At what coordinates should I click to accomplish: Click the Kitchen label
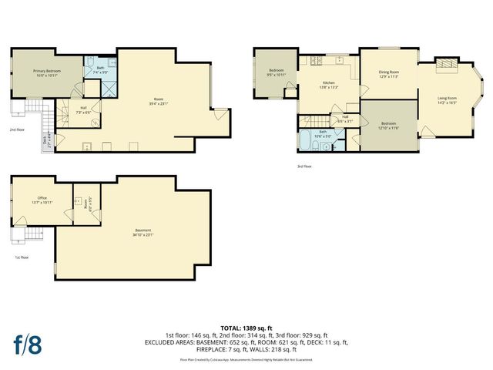point(328,84)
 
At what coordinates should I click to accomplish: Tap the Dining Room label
point(387,74)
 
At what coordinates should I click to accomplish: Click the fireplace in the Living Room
point(445,66)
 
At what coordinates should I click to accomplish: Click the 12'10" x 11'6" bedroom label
point(388,125)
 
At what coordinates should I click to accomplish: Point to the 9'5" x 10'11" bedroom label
point(276,73)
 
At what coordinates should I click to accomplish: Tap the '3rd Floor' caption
point(305,166)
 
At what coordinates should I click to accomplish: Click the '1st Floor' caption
point(22,257)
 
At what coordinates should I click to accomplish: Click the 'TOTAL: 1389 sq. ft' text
point(246,328)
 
